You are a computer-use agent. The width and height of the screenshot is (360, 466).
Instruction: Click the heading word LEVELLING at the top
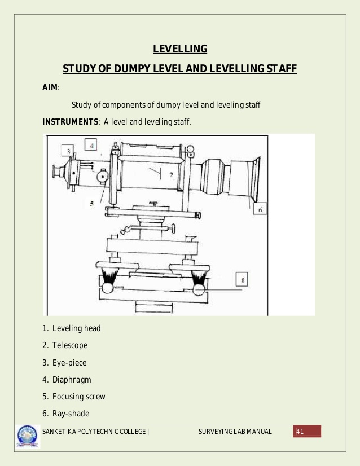tap(180, 49)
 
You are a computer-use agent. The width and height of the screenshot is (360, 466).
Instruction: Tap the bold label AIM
tap(50, 87)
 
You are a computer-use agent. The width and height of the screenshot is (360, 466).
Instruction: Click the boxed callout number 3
tap(68, 151)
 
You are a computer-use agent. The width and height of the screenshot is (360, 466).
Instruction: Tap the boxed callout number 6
tap(260, 209)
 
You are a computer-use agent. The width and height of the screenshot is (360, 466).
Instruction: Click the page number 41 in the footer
tap(300, 432)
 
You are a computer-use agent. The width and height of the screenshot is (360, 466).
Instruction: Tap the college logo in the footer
tap(28, 436)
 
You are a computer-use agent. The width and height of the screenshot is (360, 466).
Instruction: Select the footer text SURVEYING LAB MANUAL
tap(235, 432)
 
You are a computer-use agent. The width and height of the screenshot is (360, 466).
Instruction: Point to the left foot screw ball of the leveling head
tap(108, 289)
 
